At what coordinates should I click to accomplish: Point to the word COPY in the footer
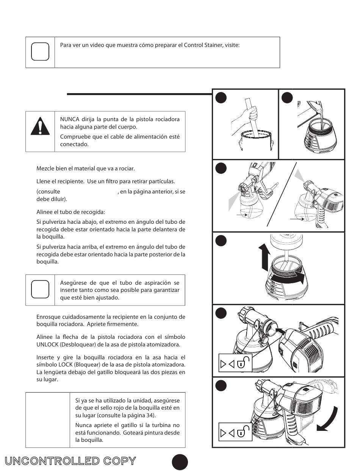pos(119,461)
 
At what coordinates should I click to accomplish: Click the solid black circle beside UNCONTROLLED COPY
pos(180,462)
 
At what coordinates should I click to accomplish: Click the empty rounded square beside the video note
pos(40,52)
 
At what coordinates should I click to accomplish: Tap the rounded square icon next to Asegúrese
pos(40,290)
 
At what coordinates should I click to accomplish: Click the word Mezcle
pos(45,168)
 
